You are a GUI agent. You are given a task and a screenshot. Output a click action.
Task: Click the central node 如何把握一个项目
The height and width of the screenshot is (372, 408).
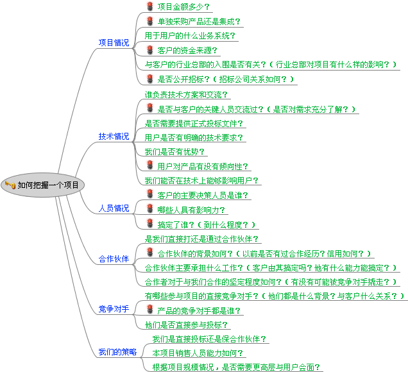pos(48,185)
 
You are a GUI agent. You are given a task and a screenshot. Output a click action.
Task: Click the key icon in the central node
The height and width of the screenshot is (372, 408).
pos(10,185)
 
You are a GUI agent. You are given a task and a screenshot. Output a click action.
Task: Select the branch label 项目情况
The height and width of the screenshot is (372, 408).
pos(114,43)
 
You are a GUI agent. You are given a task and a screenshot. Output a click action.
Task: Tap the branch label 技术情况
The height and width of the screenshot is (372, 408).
pos(114,137)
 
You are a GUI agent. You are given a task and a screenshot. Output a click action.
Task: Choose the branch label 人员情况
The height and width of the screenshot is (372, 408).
pos(114,208)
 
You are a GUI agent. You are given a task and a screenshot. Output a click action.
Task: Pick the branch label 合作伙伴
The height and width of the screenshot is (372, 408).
pos(114,259)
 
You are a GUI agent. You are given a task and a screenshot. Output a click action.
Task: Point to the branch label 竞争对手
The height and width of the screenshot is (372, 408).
pos(114,309)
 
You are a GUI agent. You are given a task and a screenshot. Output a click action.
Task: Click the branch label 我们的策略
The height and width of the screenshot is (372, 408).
pos(117,352)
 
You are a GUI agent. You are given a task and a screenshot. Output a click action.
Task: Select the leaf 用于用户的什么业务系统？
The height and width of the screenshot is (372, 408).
pos(190,35)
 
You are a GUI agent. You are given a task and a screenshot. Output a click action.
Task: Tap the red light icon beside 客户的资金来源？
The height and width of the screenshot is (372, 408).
pos(150,49)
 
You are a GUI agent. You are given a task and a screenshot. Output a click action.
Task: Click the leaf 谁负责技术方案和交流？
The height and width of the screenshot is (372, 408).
pos(186,94)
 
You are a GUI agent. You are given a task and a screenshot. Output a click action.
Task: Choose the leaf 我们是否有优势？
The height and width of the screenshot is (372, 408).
pos(175,152)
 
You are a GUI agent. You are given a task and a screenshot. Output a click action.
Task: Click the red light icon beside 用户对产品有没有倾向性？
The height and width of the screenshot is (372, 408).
pos(150,166)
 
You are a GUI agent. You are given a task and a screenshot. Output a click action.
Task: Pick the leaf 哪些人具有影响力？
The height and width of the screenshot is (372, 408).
pos(192,210)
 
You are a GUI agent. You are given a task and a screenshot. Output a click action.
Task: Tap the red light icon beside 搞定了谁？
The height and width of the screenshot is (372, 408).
pos(150,224)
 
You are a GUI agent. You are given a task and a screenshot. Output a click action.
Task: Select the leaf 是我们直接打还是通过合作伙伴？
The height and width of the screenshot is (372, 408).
pos(202,239)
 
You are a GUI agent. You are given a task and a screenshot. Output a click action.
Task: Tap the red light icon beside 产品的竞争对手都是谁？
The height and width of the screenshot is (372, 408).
pos(150,310)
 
